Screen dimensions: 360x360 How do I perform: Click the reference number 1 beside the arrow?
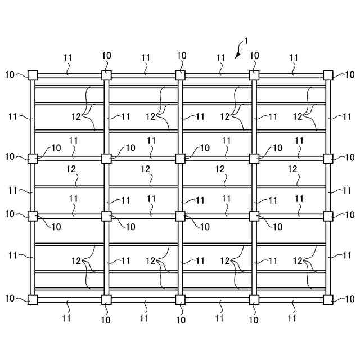(x=245, y=42)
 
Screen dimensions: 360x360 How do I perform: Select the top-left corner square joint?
(x=33, y=75)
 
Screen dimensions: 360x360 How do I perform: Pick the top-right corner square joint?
(x=328, y=75)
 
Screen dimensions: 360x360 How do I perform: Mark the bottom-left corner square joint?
(x=33, y=299)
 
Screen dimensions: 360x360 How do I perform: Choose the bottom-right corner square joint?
(x=328, y=299)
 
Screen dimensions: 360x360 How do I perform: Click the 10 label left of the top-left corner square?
(x=10, y=74)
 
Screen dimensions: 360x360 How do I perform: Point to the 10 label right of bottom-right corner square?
(x=350, y=299)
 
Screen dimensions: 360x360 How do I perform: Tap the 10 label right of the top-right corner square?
(x=350, y=74)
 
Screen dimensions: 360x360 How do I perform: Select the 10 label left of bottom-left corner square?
(x=10, y=299)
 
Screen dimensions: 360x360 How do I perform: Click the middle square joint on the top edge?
(x=181, y=75)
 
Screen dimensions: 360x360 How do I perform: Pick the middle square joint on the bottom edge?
(x=181, y=299)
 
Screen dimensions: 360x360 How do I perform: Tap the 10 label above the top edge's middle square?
(x=181, y=56)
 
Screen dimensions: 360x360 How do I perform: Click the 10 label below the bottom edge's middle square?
(x=181, y=319)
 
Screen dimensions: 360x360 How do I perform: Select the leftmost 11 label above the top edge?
(x=68, y=57)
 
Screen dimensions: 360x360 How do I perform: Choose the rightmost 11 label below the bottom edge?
(x=292, y=318)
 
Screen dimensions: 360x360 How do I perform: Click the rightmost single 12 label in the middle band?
(x=292, y=169)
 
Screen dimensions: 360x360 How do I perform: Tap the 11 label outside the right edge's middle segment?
(x=348, y=190)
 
